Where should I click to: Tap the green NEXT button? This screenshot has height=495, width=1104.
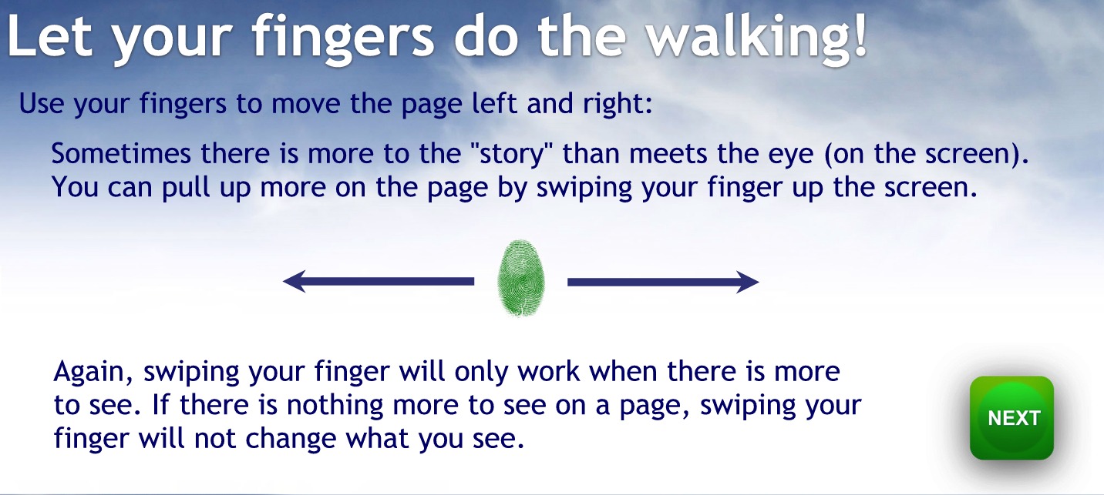[1011, 418]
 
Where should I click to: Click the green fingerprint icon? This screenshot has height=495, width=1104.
[521, 278]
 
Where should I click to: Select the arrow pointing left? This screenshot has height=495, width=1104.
[378, 282]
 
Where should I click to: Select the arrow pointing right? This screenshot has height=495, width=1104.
[663, 282]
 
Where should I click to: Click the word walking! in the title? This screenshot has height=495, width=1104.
[756, 37]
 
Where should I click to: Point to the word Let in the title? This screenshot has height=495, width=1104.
[49, 37]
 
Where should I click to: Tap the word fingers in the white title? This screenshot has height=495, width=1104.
[343, 38]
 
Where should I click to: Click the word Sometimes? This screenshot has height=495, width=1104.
[121, 153]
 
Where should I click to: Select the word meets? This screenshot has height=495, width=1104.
[668, 153]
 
